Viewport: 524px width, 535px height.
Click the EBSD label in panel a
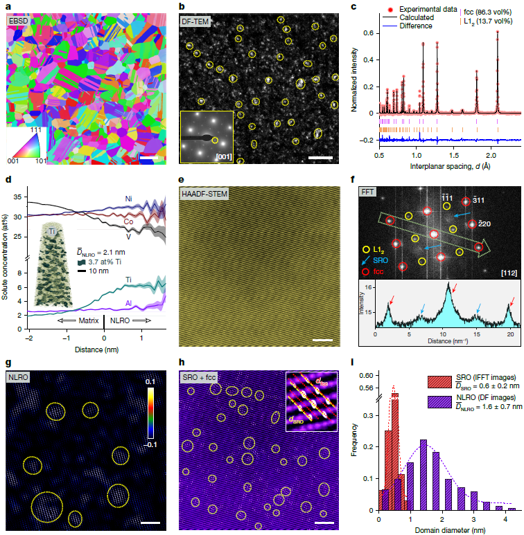tap(19, 21)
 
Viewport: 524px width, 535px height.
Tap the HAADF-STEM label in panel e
tap(206, 199)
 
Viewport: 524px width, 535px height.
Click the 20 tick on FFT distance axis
tap(509, 333)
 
